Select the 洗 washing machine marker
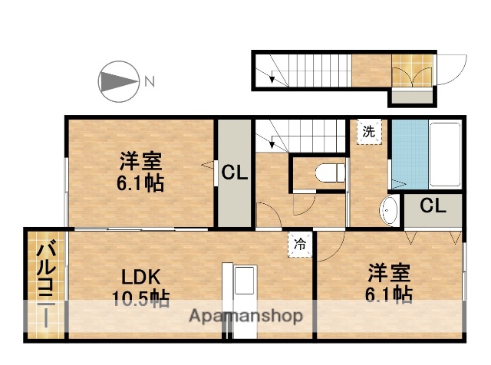coord(370,131)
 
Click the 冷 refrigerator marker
coord(299,244)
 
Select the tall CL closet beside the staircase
coord(234,173)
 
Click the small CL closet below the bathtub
coord(433,206)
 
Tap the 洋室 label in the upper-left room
coord(140,162)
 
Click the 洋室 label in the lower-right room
coord(388,272)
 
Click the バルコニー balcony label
coord(46,284)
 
